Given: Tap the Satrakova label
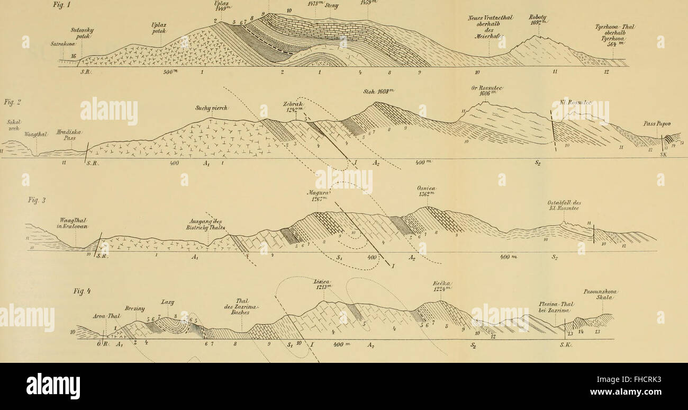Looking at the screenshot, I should pyautogui.click(x=62, y=44).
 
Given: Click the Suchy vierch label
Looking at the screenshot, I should pyautogui.click(x=211, y=109).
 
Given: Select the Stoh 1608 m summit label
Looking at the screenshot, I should pyautogui.click(x=375, y=91).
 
